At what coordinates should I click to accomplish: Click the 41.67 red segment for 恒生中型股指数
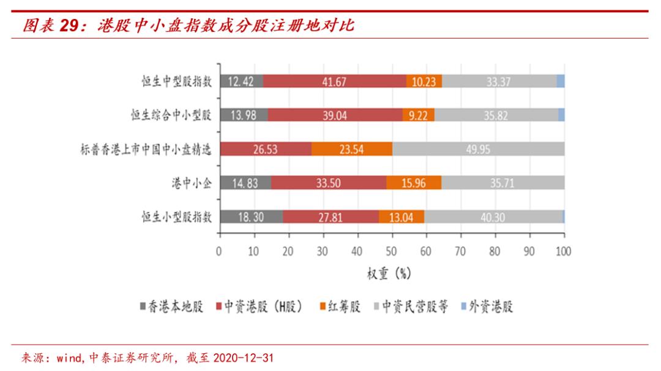[x=334, y=81]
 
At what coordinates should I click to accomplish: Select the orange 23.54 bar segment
[x=352, y=149]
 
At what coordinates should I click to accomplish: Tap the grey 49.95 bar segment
[x=478, y=149]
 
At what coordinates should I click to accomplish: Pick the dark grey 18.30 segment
[x=250, y=217]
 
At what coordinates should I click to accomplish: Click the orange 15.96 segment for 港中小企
[x=414, y=183]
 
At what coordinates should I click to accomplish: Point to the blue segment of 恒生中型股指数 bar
[x=560, y=81]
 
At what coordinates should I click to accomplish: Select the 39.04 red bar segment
[x=335, y=115]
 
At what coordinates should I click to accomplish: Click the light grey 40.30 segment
[x=493, y=217]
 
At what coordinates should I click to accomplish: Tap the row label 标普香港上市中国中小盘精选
[x=146, y=149]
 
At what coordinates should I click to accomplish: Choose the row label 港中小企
[x=191, y=183]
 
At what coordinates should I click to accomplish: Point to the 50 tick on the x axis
[x=392, y=251]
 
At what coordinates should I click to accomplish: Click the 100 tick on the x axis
[x=564, y=251]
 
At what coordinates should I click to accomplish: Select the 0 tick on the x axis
[x=219, y=251]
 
